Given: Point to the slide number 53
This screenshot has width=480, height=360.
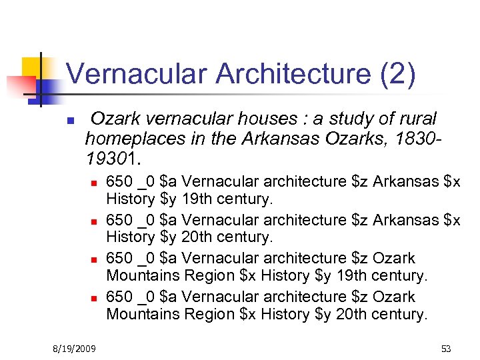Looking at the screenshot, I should (x=445, y=349).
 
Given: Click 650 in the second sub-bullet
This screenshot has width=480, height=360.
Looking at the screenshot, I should (x=119, y=219).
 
